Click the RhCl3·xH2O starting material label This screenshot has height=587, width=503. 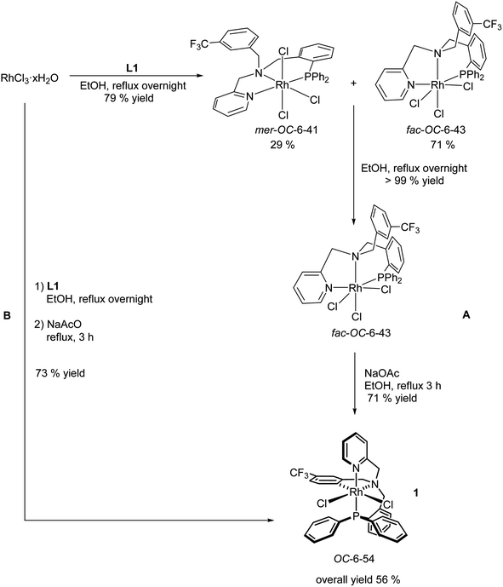(x=31, y=83)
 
